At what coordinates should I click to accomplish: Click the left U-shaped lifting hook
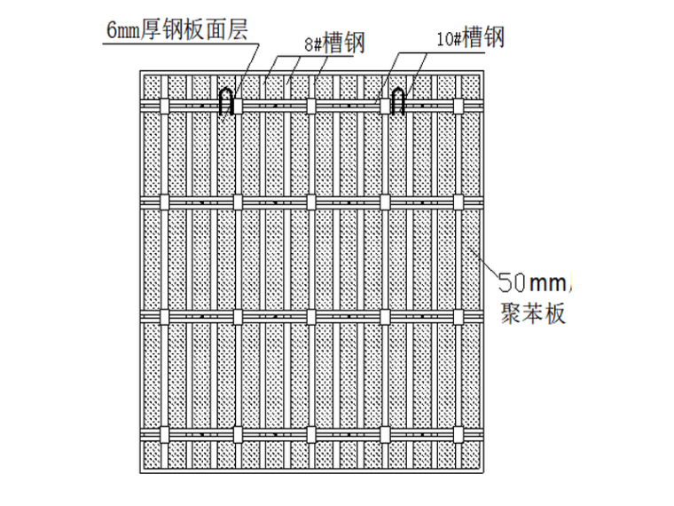[x=227, y=100]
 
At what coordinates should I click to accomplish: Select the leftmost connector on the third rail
[x=162, y=315]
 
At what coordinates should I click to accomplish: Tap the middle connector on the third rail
[x=310, y=315]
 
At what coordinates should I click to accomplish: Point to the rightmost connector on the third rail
[x=458, y=315]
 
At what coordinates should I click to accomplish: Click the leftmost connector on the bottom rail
[x=162, y=435]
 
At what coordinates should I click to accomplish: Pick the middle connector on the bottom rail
[x=310, y=435]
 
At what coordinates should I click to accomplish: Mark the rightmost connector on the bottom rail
[x=458, y=435]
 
